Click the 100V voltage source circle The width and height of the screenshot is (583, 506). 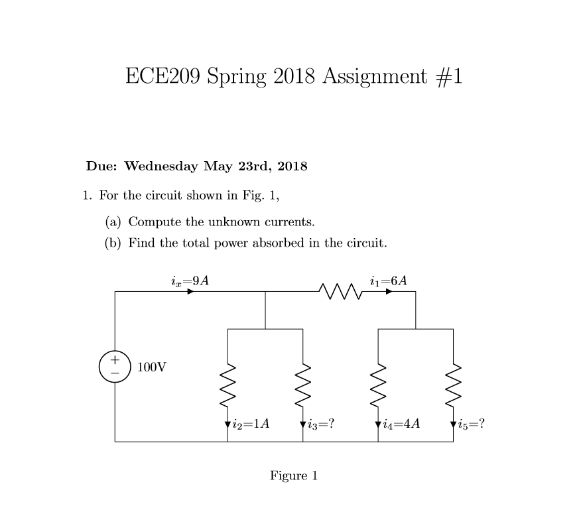click(x=115, y=366)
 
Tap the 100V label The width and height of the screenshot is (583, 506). click(x=152, y=366)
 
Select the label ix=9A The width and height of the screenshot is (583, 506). click(x=190, y=281)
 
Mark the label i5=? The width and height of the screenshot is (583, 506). click(x=471, y=422)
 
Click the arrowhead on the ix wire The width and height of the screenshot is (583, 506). click(x=190, y=290)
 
